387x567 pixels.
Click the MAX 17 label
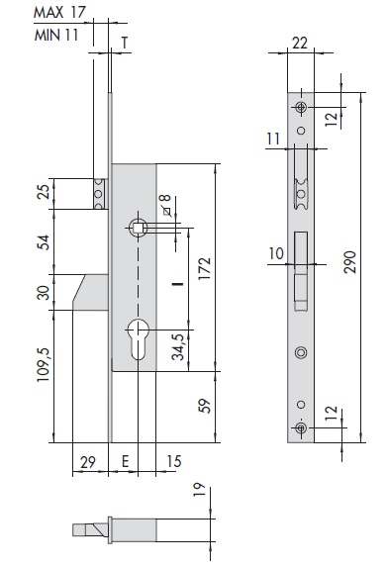click(x=59, y=12)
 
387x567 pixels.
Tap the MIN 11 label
click(x=56, y=35)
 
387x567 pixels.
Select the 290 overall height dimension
click(x=349, y=262)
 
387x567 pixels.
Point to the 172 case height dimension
click(x=204, y=268)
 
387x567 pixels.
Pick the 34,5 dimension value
click(x=177, y=347)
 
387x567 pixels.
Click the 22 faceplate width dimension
click(x=300, y=43)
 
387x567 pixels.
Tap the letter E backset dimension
click(x=125, y=461)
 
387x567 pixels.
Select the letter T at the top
click(x=125, y=43)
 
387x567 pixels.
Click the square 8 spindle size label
click(x=166, y=205)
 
